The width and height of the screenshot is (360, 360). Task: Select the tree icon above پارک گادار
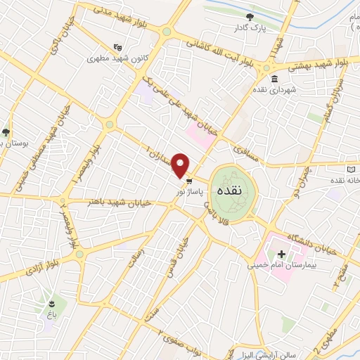[x=250, y=16]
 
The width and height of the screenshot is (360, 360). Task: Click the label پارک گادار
[x=252, y=28]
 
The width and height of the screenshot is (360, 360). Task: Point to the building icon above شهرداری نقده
[x=274, y=78]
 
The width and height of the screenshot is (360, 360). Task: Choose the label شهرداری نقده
[x=277, y=90]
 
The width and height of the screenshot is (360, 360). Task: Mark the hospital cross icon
[x=282, y=254]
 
